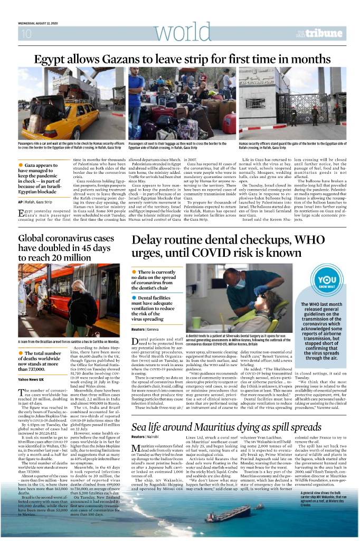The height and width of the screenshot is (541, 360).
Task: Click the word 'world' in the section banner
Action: [x=180, y=33]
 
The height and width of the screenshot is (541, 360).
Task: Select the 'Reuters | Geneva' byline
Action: [x=146, y=329]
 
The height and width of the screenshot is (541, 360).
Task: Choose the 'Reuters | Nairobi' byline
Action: [x=146, y=437]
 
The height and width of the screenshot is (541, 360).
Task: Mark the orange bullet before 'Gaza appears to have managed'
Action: [x=20, y=165]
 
